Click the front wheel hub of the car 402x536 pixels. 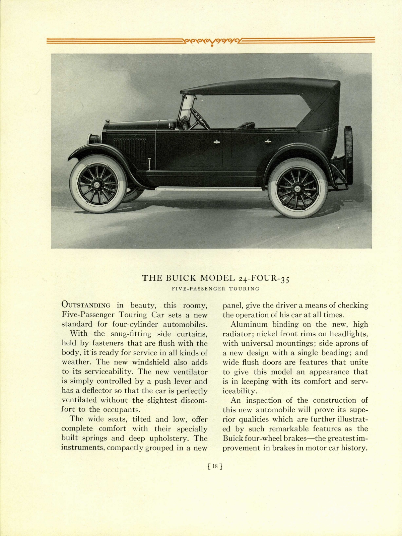tap(96, 185)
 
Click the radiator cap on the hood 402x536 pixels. tap(107, 121)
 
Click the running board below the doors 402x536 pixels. tap(208, 189)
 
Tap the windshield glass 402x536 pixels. tap(184, 107)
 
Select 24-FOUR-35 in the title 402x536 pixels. tap(264, 278)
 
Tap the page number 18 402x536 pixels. tap(215, 466)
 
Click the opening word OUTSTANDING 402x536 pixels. tap(86, 305)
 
